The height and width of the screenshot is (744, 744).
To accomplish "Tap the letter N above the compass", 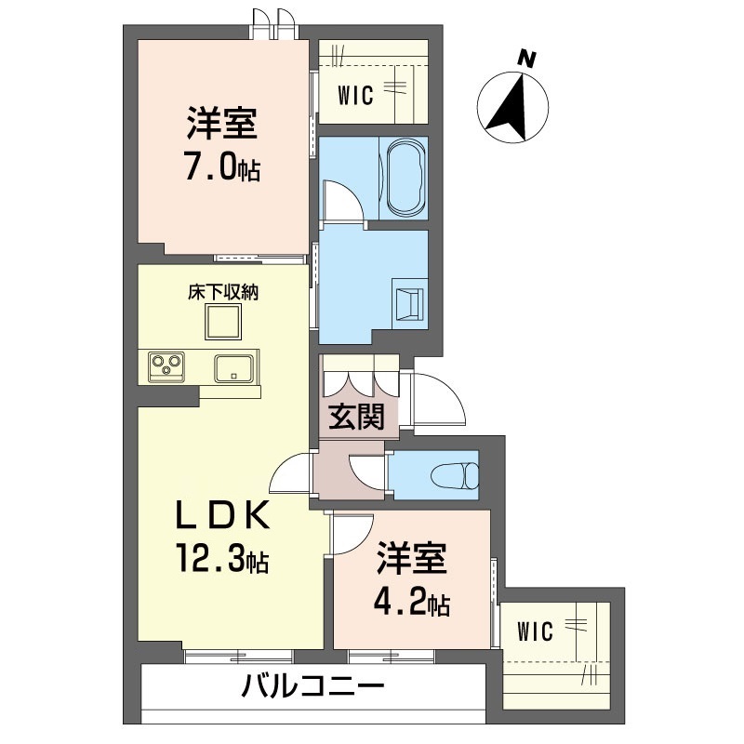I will [527, 59].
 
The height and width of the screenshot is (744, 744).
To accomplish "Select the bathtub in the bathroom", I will [404, 178].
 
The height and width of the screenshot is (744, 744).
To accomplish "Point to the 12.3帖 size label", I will [222, 559].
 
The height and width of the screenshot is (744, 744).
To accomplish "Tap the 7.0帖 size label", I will [222, 169].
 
